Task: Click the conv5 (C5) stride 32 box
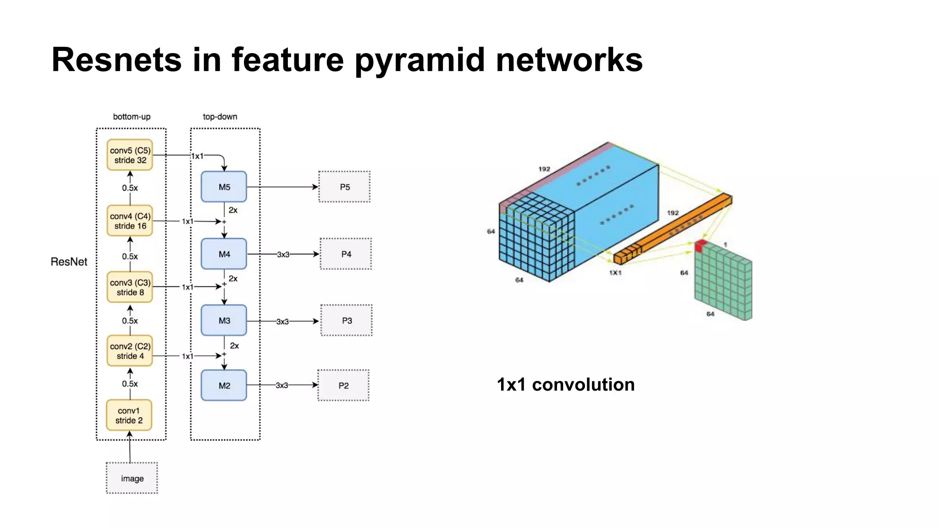130,155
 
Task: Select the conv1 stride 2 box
129,415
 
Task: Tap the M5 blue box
224,187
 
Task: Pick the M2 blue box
224,385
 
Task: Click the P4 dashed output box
346,254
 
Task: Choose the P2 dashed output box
343,385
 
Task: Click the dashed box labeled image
132,478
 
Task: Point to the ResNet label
69,262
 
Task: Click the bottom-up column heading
132,117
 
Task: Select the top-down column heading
220,117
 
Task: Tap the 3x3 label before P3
282,322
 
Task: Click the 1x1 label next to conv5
197,156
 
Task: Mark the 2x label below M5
233,210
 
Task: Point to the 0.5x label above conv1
130,384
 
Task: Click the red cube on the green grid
700,246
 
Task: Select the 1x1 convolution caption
566,385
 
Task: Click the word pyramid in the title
420,60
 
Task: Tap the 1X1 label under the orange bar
615,273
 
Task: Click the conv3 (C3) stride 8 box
130,287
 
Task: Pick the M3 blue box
224,320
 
